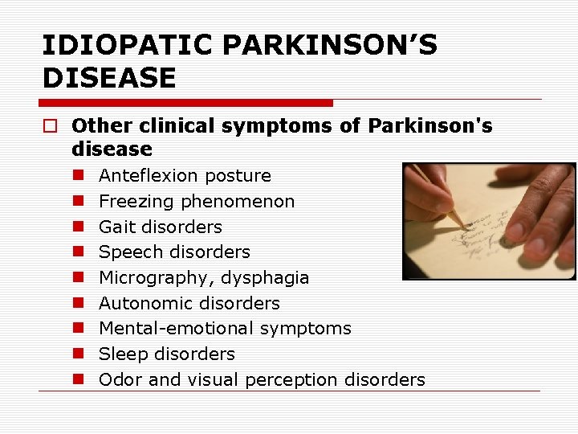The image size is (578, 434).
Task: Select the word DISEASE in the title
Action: tap(108, 78)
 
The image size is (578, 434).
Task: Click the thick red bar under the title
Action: tap(186, 103)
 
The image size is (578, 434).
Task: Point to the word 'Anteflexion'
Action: tap(148, 175)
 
